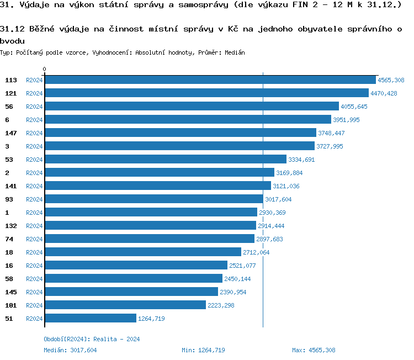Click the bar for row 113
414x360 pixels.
210,80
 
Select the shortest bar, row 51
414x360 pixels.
90,319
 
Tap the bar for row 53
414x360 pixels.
166,160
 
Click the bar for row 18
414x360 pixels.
143,252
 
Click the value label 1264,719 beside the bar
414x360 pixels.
151,319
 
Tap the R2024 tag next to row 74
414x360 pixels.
34,239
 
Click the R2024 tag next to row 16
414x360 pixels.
34,266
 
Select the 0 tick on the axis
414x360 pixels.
44,70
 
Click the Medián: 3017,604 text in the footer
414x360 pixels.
71,350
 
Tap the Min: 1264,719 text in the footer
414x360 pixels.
203,350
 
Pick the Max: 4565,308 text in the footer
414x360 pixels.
314,350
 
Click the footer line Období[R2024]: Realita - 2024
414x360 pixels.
92,339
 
